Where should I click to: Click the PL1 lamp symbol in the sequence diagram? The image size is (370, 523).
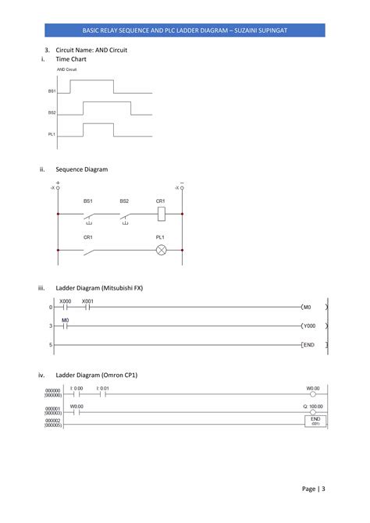(x=161, y=250)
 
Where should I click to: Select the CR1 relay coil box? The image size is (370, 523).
(x=161, y=211)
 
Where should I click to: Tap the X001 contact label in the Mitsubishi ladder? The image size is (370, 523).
(x=87, y=301)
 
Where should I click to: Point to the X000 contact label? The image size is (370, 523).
(x=66, y=301)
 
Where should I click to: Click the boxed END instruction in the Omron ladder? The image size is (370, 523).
(x=316, y=422)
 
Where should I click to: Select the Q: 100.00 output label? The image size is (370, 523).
(x=313, y=406)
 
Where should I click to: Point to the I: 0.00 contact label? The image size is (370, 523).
(x=76, y=388)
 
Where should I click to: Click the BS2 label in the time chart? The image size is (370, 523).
(x=52, y=112)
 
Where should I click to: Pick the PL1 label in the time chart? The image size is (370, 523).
(x=52, y=134)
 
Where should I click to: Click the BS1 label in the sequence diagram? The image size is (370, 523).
(x=88, y=201)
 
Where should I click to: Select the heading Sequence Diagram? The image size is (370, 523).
(x=82, y=169)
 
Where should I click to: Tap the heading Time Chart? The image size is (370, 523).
(x=71, y=59)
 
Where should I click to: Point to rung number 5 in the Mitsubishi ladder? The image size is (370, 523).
(x=50, y=344)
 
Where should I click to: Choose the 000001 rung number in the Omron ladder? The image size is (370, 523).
(x=52, y=408)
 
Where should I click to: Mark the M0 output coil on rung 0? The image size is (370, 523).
(x=308, y=307)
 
